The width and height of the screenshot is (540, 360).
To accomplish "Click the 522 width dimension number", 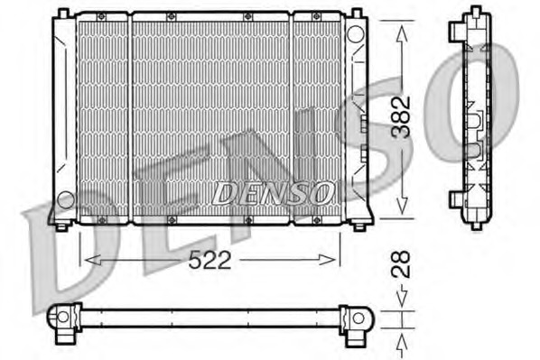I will point(210,261).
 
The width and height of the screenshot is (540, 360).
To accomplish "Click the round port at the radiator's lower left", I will point(65,198).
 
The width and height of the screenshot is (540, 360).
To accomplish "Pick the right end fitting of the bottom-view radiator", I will point(358,320).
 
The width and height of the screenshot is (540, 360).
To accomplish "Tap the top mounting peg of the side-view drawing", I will point(475,12).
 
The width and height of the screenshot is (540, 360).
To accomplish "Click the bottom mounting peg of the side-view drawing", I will point(475,224).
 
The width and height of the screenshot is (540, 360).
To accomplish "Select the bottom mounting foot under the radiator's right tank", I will point(361,225).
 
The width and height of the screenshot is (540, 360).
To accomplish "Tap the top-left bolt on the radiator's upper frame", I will point(101,17).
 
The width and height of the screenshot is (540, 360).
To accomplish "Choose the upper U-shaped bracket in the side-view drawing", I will point(474,117).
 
